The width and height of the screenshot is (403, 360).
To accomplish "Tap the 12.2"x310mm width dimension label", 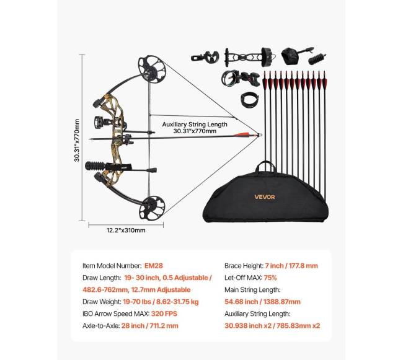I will pyautogui.click(x=126, y=230).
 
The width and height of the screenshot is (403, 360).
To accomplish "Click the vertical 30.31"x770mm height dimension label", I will pyautogui.click(x=77, y=141).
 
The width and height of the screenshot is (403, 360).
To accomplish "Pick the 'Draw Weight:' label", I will pyautogui.click(x=101, y=301).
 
